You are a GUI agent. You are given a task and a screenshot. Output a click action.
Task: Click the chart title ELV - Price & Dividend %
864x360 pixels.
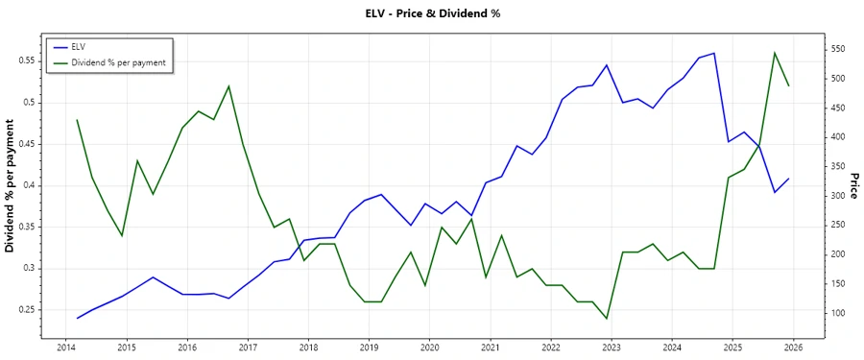433,13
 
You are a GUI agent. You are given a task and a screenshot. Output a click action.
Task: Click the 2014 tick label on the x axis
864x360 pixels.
65,347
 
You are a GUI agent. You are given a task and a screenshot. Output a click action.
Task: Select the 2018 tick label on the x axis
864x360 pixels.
308,347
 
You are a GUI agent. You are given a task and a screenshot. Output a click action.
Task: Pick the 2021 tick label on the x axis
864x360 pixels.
491,347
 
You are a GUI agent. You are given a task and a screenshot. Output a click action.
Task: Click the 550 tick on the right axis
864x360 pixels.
838,49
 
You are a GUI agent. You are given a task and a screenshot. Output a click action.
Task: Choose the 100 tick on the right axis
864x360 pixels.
838,314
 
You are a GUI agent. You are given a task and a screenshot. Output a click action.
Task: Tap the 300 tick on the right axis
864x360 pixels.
838,196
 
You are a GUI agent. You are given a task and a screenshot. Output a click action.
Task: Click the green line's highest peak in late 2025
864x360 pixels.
775,53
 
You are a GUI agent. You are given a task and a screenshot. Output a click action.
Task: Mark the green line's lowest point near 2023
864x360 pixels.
607,319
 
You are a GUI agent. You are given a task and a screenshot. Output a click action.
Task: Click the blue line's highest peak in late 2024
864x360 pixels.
714,53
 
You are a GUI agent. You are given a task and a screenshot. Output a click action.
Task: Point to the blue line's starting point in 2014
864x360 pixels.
77,318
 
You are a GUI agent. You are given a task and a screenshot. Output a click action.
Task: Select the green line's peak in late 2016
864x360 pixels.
228,85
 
